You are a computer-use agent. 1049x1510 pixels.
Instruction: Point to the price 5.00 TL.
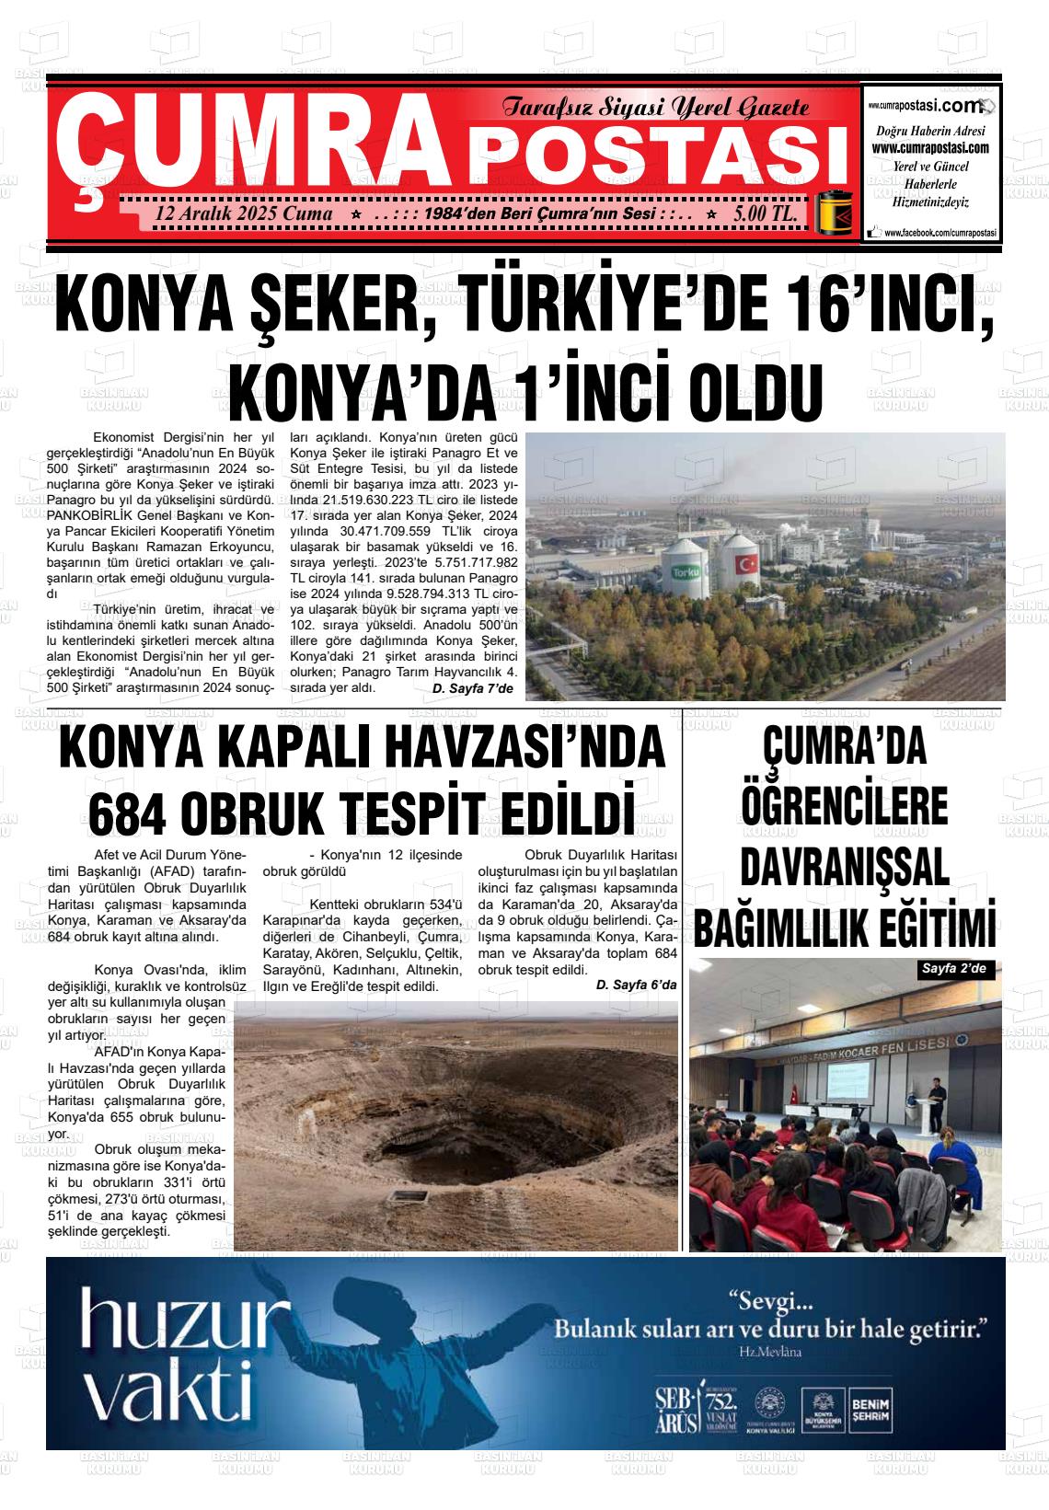pyautogui.click(x=765, y=213)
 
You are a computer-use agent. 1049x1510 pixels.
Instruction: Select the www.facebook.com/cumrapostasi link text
pyautogui.click(x=939, y=235)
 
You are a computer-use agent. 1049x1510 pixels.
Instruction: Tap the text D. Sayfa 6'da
pyautogui.click(x=636, y=985)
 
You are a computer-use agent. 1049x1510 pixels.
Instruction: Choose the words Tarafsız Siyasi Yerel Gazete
pyautogui.click(x=655, y=108)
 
